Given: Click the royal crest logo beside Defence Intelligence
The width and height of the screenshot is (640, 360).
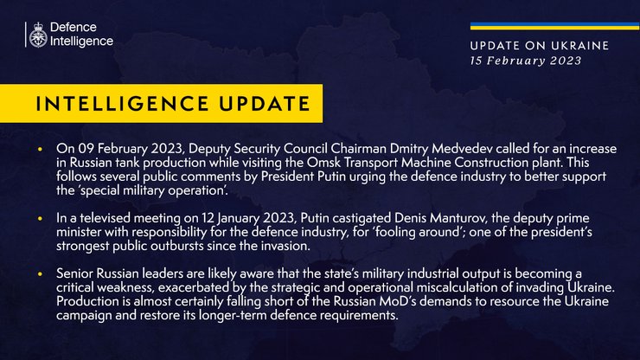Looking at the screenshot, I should point(38,35).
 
